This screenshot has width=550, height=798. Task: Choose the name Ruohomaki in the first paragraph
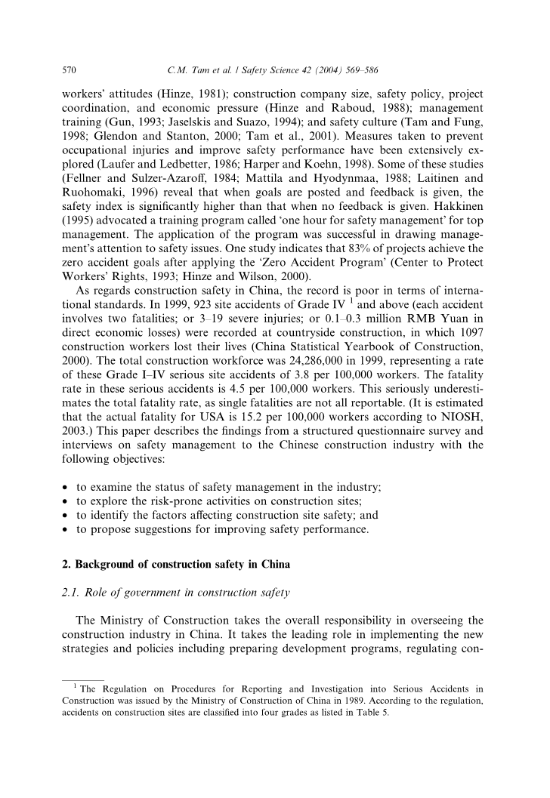pos(94,171)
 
